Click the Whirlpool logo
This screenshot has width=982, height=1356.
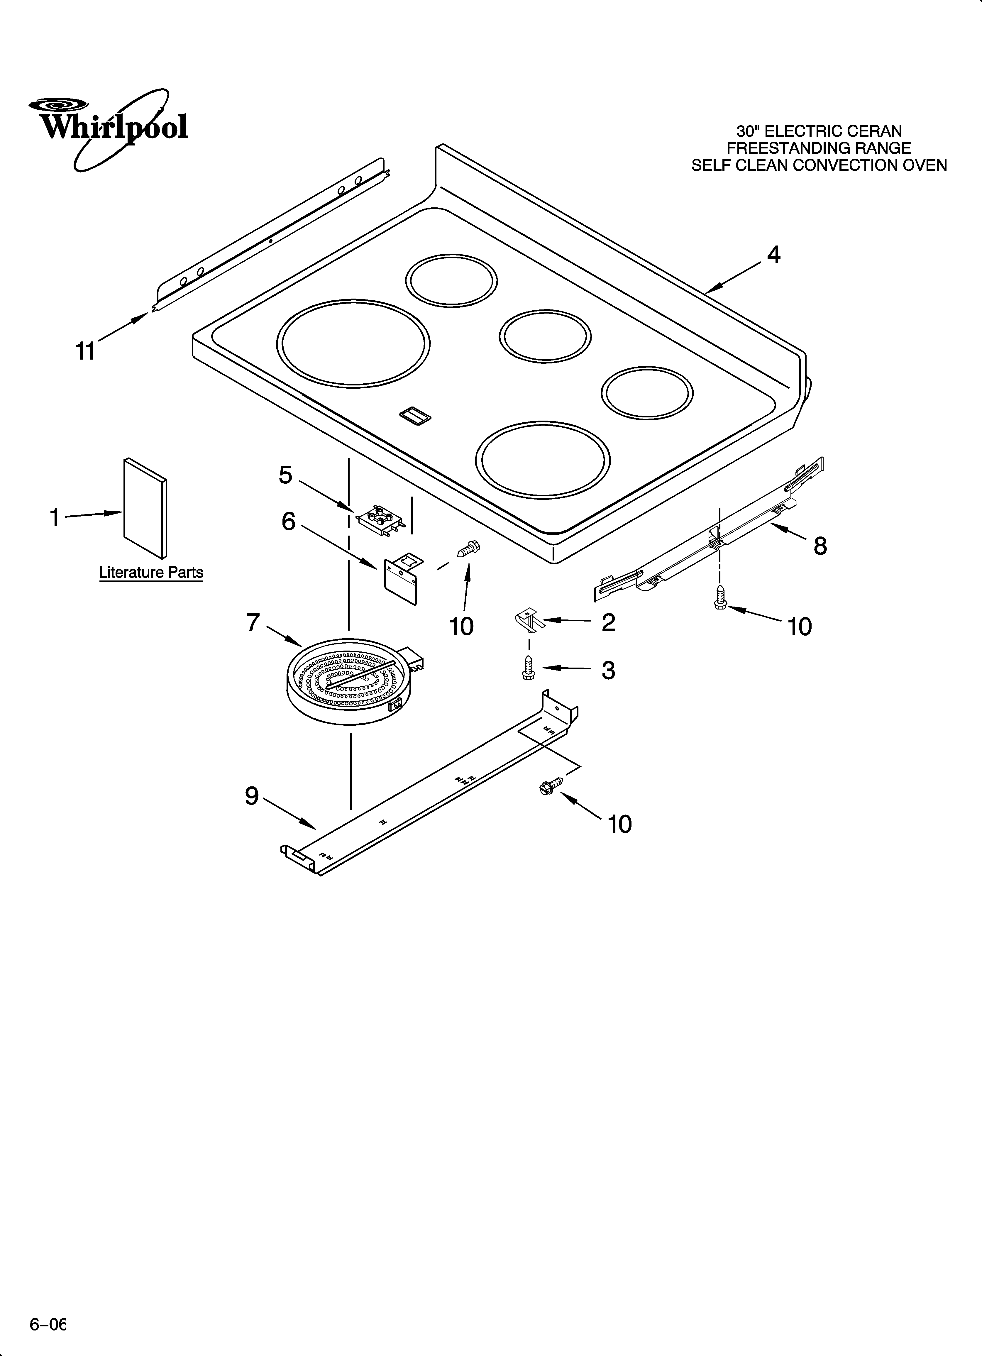pos(108,127)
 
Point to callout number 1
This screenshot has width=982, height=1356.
pos(55,517)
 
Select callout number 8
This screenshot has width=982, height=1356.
pos(820,545)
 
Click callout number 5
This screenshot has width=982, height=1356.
pos(286,475)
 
